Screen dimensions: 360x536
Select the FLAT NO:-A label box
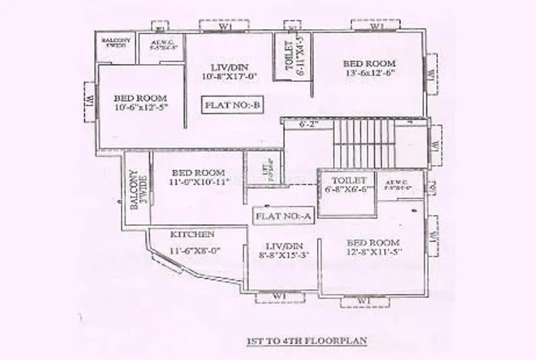pos(283,216)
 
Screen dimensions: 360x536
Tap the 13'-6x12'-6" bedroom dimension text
pos(369,74)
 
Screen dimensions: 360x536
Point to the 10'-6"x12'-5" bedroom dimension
pos(141,110)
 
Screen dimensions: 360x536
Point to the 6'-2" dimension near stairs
pos(308,123)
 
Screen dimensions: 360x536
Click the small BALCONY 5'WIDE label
pos(117,43)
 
